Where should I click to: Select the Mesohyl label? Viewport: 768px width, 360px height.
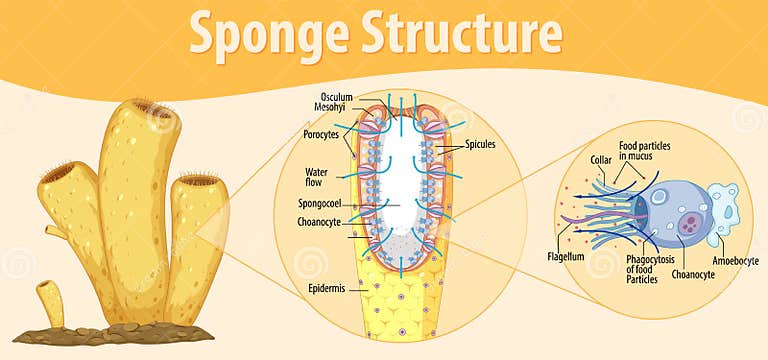[x=328, y=109]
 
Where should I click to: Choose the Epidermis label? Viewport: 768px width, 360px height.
[x=327, y=289]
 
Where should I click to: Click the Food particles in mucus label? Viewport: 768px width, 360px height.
[x=644, y=151]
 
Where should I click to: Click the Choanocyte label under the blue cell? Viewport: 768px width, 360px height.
[x=693, y=273]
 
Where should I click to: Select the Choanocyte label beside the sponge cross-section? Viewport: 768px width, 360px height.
[x=321, y=222]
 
